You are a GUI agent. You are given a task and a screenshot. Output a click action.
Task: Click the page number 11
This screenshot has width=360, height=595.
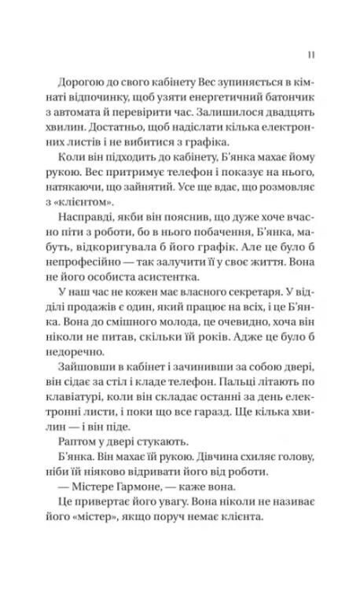click(313, 54)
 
